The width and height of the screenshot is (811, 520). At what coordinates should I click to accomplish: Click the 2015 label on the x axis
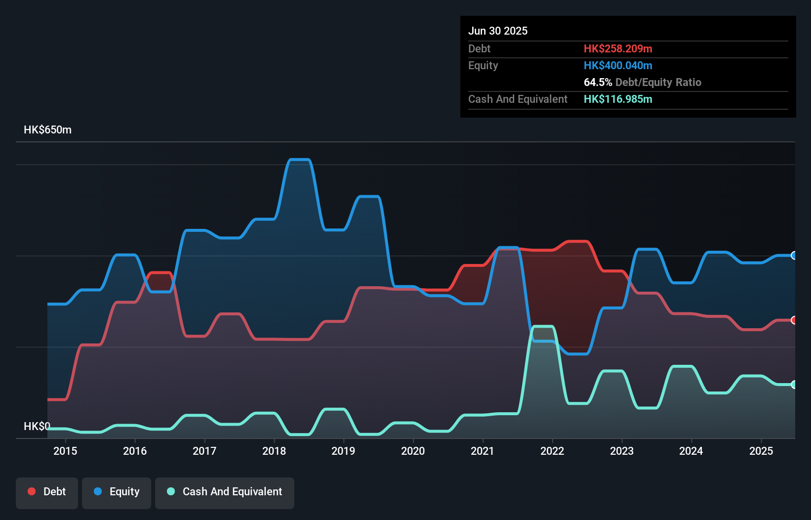click(x=65, y=451)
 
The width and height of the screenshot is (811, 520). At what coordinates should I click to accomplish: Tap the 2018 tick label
click(x=274, y=451)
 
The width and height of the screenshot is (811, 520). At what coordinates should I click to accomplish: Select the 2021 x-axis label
click(x=483, y=451)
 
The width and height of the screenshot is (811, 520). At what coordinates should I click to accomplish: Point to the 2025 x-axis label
click(x=761, y=451)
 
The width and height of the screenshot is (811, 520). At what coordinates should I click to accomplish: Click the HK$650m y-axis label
click(x=47, y=130)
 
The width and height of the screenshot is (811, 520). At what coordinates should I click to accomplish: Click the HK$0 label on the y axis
click(x=37, y=426)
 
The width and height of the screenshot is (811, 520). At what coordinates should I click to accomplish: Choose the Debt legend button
click(x=47, y=492)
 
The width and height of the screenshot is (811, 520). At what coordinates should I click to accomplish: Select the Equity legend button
click(x=117, y=492)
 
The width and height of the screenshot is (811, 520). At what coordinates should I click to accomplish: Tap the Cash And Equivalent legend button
click(x=225, y=492)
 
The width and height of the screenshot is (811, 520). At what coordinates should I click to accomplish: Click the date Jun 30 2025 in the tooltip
click(x=498, y=31)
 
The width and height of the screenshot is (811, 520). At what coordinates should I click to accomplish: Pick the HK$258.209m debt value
click(x=618, y=48)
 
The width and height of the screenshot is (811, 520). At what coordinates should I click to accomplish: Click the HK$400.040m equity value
click(x=618, y=65)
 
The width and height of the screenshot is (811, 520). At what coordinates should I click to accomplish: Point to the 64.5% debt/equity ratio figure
click(x=598, y=82)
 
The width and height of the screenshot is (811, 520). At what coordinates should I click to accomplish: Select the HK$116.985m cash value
click(x=618, y=99)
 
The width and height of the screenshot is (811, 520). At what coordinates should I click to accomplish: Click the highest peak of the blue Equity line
click(x=299, y=159)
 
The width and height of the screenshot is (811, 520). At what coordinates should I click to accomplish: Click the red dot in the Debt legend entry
click(x=32, y=491)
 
